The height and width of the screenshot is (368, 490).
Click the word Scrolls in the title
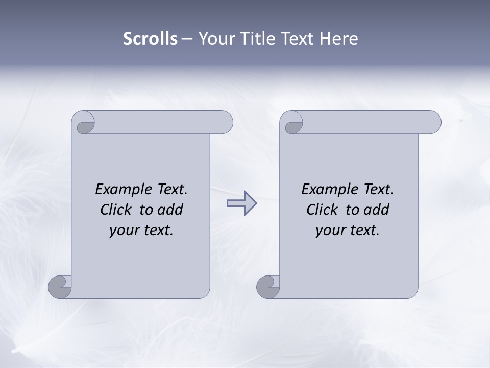150,39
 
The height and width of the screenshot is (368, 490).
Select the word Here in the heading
339,39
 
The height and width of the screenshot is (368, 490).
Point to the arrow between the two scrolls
241,203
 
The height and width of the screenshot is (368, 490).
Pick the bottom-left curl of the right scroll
268,287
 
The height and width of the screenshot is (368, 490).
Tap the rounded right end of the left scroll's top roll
225,122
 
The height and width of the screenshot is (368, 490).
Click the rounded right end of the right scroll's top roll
433,122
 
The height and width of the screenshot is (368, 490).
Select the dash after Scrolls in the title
187,39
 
